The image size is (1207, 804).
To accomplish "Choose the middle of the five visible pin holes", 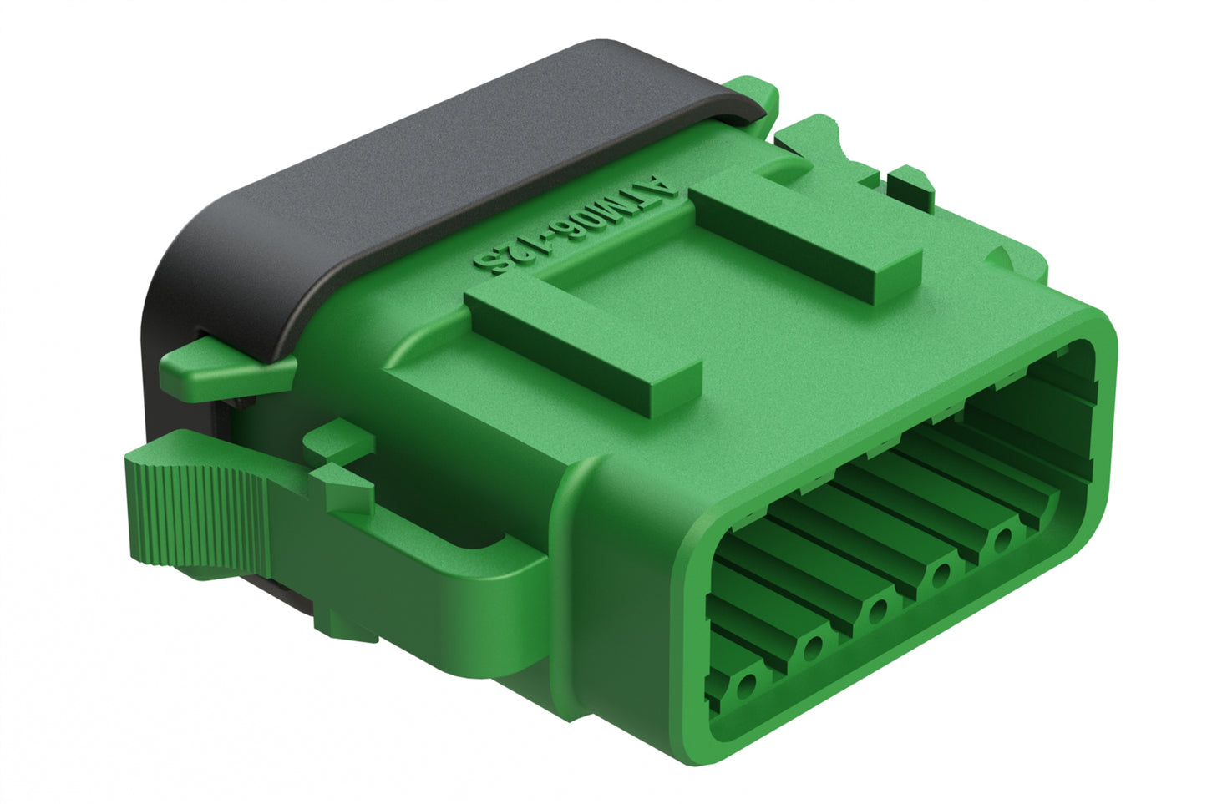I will [877, 610].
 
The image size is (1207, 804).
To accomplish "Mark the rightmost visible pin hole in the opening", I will [1002, 539].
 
